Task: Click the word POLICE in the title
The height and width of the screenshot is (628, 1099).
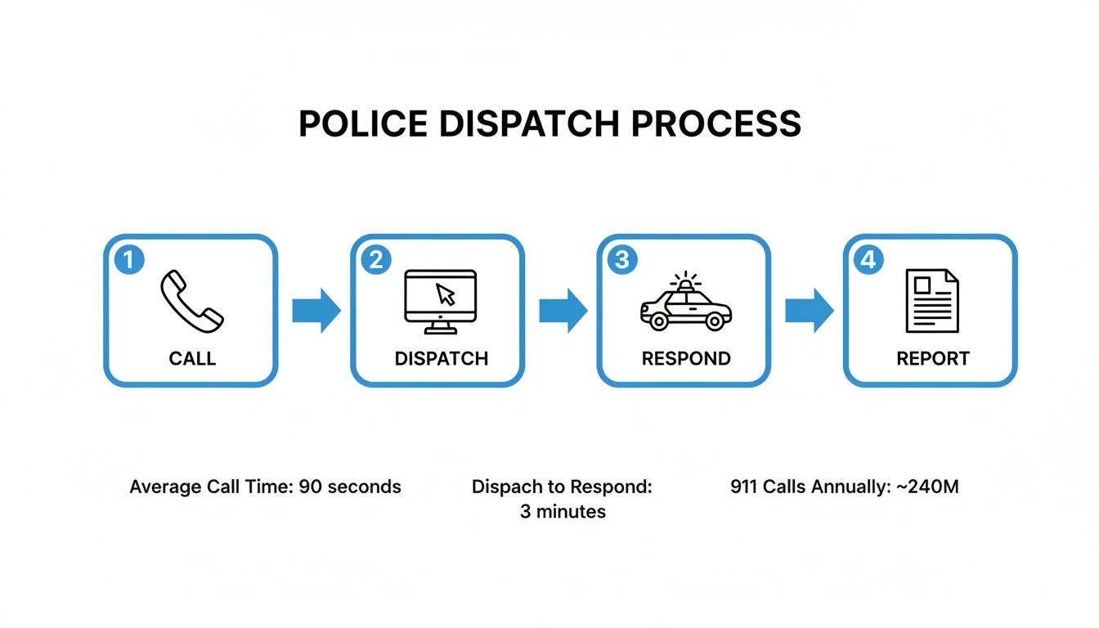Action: [x=362, y=124]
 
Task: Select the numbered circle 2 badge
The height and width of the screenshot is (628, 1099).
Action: [x=376, y=260]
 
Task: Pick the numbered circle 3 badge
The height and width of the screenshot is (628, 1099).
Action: [x=622, y=260]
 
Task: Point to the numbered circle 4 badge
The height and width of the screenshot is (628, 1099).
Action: [x=868, y=260]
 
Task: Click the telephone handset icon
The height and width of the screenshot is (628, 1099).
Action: [x=191, y=301]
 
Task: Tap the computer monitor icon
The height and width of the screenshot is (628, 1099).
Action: [x=440, y=301]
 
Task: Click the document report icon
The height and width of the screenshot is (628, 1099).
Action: [x=932, y=301]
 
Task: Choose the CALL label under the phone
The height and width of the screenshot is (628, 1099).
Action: [x=192, y=359]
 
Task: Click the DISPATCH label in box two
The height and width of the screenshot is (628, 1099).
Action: [x=441, y=359]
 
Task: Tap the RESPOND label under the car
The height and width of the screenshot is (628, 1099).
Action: [x=686, y=359]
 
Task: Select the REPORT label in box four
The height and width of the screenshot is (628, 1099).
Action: [x=933, y=359]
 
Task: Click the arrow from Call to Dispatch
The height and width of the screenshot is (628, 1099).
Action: [x=316, y=310]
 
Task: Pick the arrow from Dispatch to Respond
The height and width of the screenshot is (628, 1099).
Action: [x=563, y=310]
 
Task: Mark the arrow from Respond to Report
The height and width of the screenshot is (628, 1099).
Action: [x=809, y=310]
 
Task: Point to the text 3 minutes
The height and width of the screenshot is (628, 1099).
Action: [x=563, y=513]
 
